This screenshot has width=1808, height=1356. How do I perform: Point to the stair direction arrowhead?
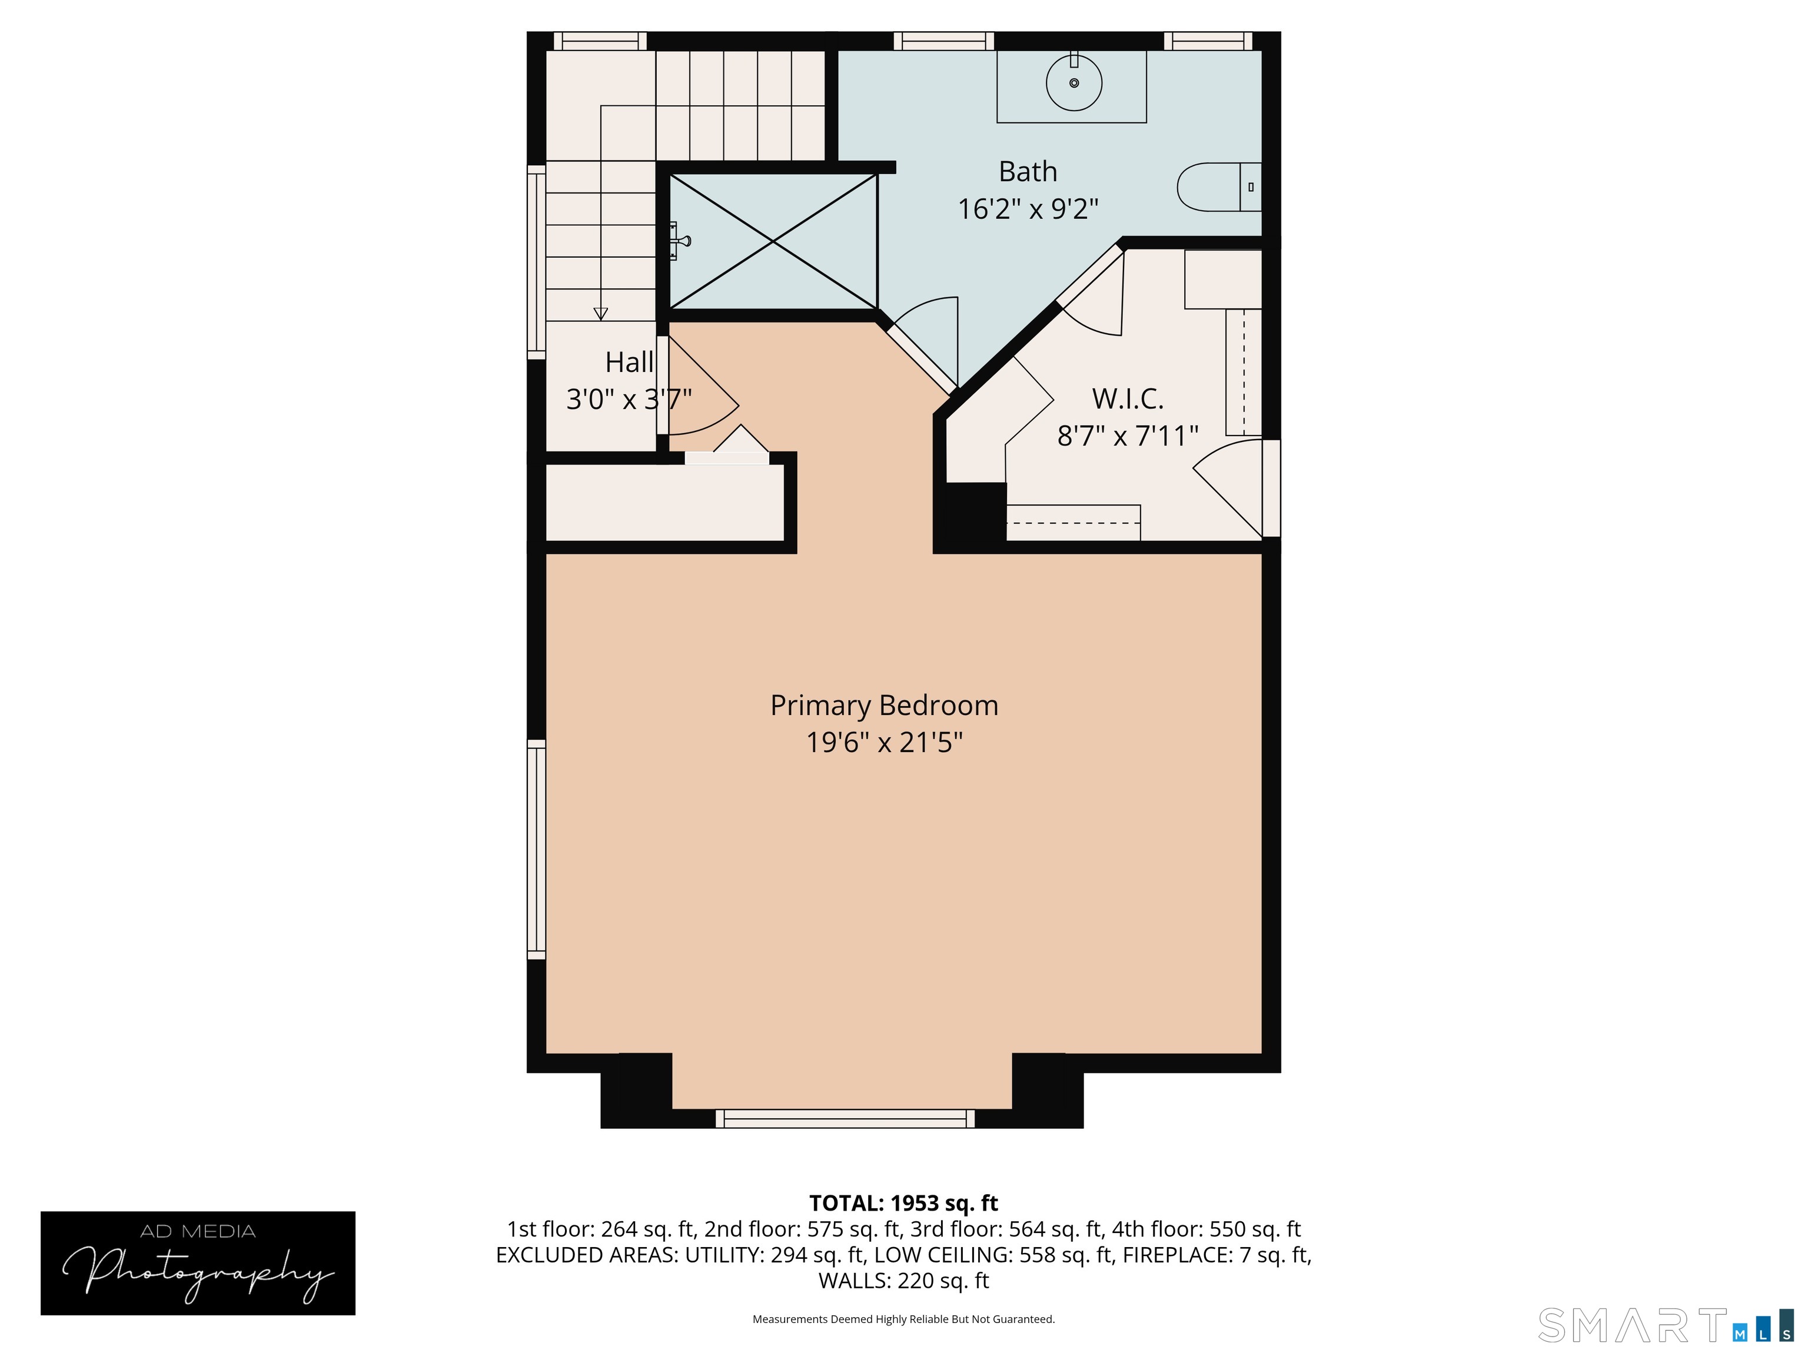[x=601, y=313]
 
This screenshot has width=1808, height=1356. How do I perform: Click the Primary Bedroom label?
[x=883, y=706]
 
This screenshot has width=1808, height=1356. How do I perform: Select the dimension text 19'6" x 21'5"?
[x=883, y=743]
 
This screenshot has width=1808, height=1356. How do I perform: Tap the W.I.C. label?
[x=1127, y=399]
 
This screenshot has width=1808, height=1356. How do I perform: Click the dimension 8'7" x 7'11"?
[x=1127, y=436]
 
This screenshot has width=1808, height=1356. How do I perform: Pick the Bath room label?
[x=1028, y=172]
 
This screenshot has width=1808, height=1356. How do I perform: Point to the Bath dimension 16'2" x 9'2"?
[x=1028, y=210]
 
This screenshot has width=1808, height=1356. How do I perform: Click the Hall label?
[x=629, y=362]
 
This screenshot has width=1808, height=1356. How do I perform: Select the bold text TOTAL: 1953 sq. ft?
[x=903, y=1203]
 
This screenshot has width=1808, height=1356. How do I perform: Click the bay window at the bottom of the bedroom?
[x=845, y=1118]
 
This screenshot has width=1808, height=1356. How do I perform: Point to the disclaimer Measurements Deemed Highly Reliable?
[x=903, y=1320]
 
